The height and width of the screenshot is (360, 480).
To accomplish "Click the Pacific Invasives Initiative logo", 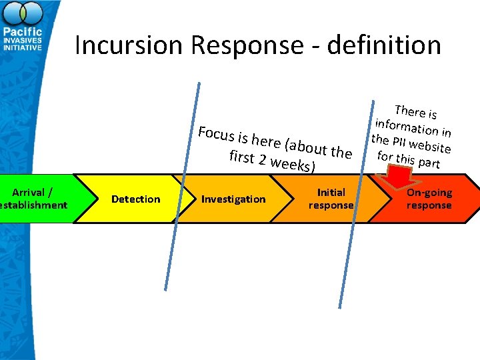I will (x=23, y=30).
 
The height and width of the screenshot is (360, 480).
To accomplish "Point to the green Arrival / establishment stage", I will (x=33, y=199).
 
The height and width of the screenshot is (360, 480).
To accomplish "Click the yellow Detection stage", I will (x=135, y=199).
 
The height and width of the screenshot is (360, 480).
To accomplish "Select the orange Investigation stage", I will (x=233, y=199).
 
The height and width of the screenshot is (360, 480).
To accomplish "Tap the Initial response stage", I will (x=331, y=199).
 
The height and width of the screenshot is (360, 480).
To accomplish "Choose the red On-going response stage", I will (x=429, y=199).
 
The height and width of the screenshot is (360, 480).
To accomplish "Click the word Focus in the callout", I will (x=216, y=133).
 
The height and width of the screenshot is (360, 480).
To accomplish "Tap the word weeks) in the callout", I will (x=293, y=164).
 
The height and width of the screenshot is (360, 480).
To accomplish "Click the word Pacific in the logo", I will (x=23, y=32).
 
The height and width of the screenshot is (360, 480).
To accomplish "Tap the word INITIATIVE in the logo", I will (x=23, y=48).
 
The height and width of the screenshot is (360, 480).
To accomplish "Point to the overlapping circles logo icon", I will (x=23, y=13).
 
